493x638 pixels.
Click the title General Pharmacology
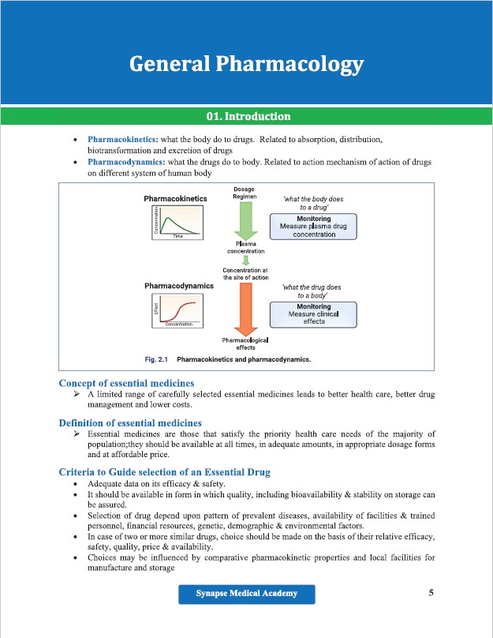(246, 63)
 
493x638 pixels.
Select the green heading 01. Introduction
(248, 117)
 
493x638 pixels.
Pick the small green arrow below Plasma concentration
(245, 261)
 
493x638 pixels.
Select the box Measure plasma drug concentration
(313, 227)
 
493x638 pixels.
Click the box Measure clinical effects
(313, 313)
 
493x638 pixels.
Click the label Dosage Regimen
(245, 193)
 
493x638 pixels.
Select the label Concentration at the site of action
(245, 273)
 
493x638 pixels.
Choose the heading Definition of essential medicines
(130, 423)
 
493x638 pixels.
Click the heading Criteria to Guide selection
(164, 472)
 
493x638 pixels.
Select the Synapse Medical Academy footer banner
(246, 594)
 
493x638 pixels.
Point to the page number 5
(431, 593)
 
